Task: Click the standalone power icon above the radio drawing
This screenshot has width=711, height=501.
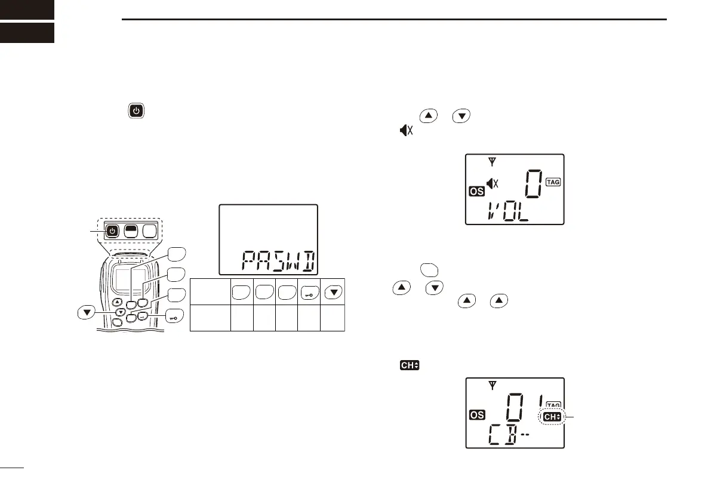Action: (x=136, y=111)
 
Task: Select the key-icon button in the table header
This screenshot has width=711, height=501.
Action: (x=310, y=292)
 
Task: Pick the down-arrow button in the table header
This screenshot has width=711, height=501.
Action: (x=333, y=292)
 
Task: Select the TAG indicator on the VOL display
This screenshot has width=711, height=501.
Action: (x=554, y=182)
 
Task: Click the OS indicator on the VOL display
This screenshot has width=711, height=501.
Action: (x=475, y=192)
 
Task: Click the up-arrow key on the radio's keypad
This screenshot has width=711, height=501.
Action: (x=118, y=302)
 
